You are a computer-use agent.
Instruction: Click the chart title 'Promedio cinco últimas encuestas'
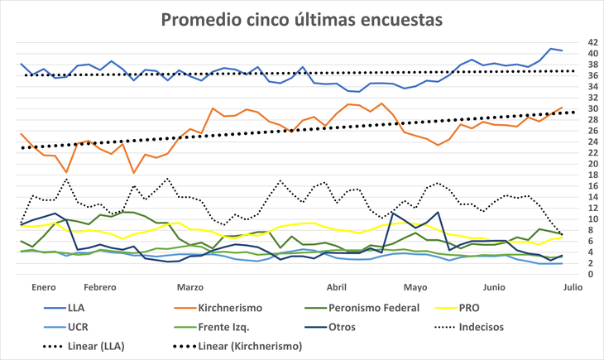coord(301,18)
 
